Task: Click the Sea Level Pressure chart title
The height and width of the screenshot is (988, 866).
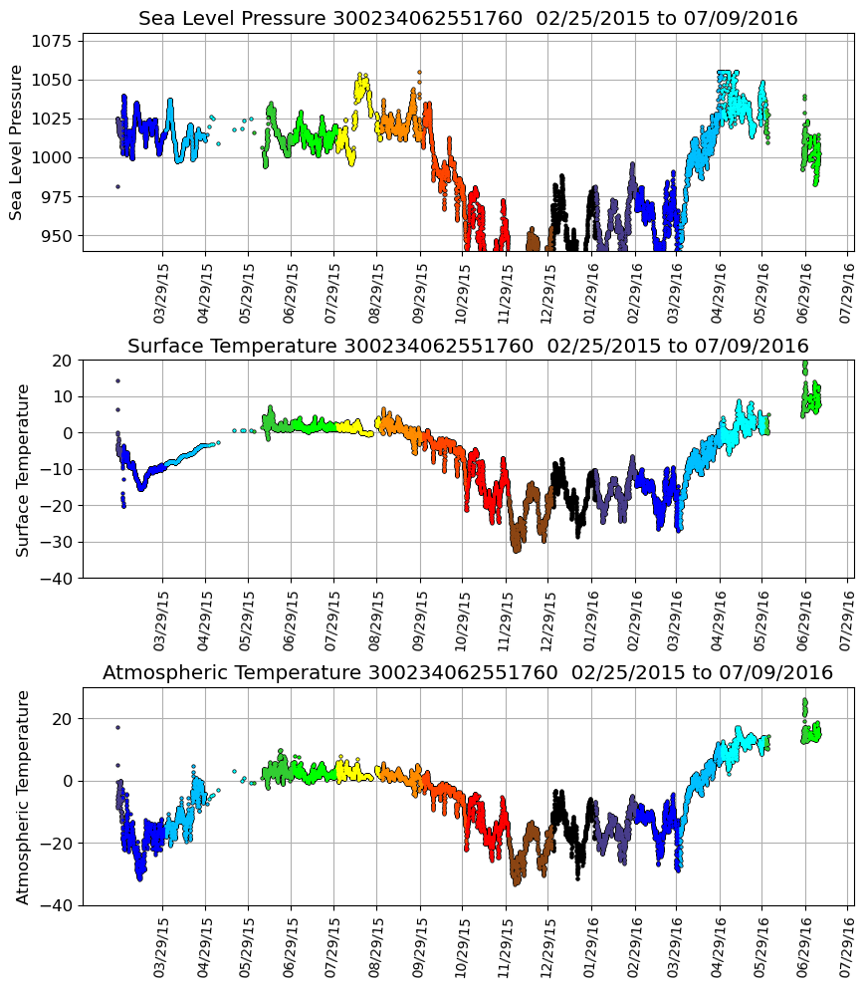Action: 468,18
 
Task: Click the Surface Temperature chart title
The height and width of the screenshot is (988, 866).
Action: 468,346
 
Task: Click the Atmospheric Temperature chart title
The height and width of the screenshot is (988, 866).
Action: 468,673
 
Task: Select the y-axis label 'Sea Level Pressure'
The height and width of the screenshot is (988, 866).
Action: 16,141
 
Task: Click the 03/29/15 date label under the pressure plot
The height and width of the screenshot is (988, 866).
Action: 161,293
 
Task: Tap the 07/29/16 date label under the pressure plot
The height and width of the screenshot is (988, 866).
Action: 846,293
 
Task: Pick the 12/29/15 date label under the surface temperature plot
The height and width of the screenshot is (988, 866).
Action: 546,619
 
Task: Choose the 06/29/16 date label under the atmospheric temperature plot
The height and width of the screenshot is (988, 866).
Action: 803,947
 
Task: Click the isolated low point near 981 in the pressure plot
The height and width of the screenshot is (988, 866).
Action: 117,186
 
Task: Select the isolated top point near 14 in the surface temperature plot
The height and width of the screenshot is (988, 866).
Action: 117,380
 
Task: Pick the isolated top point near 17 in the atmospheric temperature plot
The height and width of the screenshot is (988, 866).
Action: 117,727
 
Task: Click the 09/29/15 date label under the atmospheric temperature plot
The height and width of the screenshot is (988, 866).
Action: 418,947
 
